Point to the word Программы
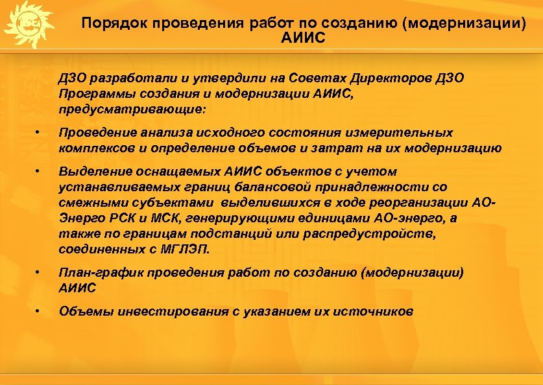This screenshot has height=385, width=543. click(x=89, y=93)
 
